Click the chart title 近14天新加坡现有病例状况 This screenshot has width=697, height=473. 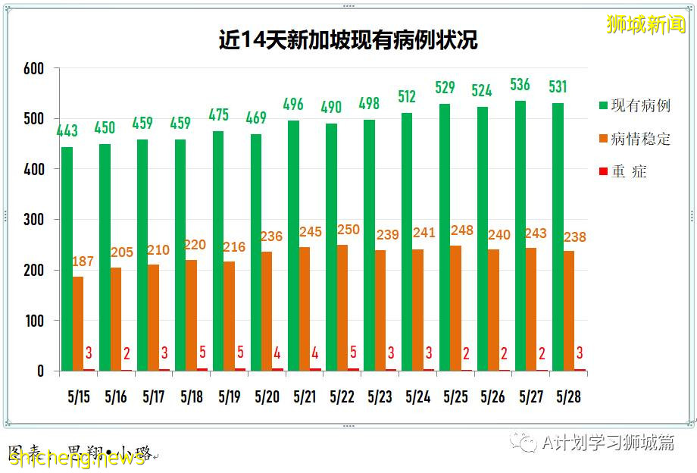pyautogui.click(x=348, y=39)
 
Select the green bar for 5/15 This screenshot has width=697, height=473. pyautogui.click(x=67, y=258)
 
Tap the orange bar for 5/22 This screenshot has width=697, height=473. pyautogui.click(x=342, y=307)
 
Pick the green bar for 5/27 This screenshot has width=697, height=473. pyautogui.click(x=520, y=235)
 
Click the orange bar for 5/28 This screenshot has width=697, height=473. pyautogui.click(x=569, y=311)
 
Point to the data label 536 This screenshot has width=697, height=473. pyautogui.click(x=520, y=84)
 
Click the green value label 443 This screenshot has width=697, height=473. pyautogui.click(x=67, y=131)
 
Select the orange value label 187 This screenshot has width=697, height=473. pyautogui.click(x=83, y=262)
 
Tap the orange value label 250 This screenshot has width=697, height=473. pyautogui.click(x=348, y=230)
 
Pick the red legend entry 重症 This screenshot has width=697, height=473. pyautogui.click(x=629, y=171)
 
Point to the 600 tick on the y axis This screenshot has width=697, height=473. pyautogui.click(x=33, y=68)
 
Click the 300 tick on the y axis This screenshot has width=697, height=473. pyautogui.click(x=33, y=220)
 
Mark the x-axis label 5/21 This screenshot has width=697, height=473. pyautogui.click(x=305, y=396)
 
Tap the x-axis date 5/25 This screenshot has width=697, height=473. pyautogui.click(x=455, y=396)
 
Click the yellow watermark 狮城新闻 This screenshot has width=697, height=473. pyautogui.click(x=646, y=24)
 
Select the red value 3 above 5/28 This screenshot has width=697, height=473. pyautogui.click(x=579, y=352)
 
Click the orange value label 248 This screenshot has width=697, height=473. pyautogui.click(x=461, y=230)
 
